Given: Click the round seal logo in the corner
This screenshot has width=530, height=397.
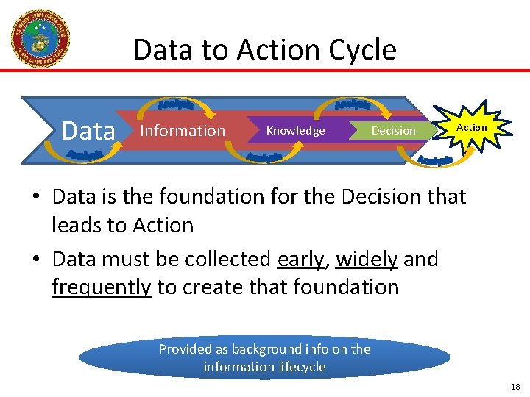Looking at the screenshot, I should (x=40, y=38).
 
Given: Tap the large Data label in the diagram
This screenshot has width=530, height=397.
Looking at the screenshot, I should (x=89, y=131).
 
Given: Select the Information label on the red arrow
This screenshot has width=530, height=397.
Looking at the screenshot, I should (x=183, y=131).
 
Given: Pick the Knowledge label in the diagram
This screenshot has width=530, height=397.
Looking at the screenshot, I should (x=295, y=131).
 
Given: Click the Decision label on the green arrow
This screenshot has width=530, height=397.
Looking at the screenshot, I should (x=393, y=131).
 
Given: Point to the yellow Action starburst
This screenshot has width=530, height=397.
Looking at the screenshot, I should (x=471, y=128).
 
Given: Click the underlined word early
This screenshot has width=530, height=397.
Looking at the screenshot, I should (x=300, y=260).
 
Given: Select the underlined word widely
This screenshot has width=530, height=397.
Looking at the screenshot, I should (x=367, y=260).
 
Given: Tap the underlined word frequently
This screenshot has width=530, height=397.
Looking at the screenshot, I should (x=101, y=287).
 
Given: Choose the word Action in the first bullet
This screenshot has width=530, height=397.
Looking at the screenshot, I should (x=158, y=225).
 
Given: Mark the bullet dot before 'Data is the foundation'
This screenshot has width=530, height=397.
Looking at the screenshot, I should (x=36, y=198).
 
